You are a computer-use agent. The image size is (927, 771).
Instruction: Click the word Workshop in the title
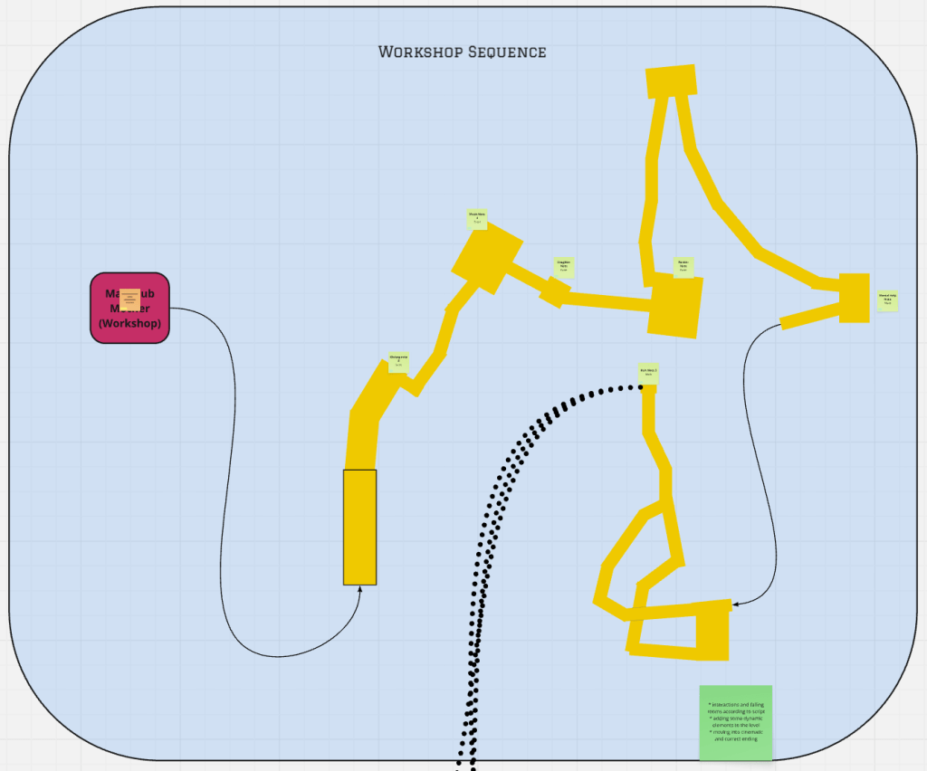[420, 52]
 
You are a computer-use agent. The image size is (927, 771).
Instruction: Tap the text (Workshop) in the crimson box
[129, 323]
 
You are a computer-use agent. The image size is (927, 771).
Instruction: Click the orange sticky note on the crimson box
[129, 299]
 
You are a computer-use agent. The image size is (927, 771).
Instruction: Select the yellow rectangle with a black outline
[359, 527]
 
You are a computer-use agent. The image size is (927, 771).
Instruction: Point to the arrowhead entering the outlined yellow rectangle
[360, 589]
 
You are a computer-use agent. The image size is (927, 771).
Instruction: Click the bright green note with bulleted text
[735, 722]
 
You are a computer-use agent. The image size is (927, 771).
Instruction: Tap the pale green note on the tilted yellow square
[477, 219]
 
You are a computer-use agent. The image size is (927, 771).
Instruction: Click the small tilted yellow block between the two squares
[555, 292]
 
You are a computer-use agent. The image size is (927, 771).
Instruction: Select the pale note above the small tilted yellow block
[563, 267]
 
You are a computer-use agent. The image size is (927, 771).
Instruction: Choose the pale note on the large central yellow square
[683, 266]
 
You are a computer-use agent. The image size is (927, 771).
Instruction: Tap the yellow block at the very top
[672, 81]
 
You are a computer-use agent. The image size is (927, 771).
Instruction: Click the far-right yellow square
[854, 297]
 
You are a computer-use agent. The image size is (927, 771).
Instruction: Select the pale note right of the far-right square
[887, 300]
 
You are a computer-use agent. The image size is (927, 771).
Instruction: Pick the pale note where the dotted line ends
[647, 372]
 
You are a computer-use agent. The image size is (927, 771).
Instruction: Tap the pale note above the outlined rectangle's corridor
[398, 362]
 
